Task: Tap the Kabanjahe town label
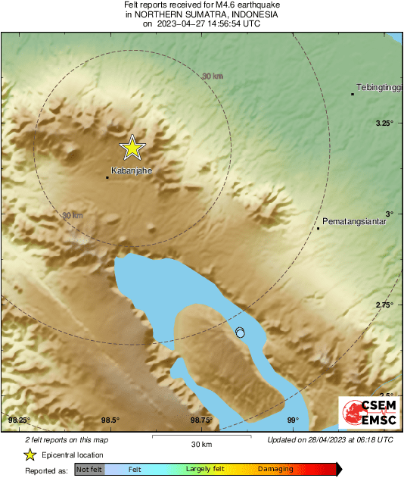[132, 170]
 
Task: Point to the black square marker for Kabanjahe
[107, 177]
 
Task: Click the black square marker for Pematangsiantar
[319, 228]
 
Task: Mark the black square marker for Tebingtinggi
[353, 94]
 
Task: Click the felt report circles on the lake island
[240, 333]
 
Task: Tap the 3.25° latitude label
[386, 123]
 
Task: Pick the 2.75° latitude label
[386, 305]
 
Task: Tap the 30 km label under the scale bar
[200, 444]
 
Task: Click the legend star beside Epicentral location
[30, 455]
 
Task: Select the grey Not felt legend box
[89, 470]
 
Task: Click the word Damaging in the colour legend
[275, 470]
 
